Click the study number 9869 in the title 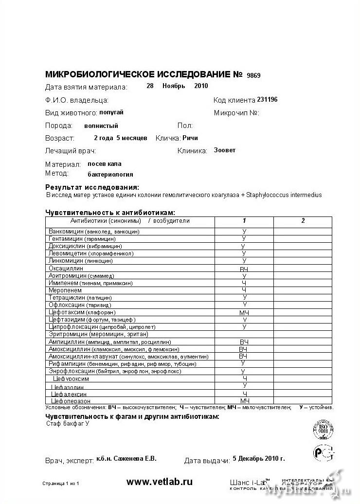253,75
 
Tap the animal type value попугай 111,112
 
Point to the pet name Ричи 190,138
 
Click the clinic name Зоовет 225,150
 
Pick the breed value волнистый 101,126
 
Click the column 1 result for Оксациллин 244,269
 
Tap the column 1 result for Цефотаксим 244,312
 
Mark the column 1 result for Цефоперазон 244,400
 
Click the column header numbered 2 303,221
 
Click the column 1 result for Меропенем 244,290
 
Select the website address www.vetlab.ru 160,482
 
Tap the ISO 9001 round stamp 323,430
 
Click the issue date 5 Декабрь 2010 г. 259,458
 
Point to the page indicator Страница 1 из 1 61,484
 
